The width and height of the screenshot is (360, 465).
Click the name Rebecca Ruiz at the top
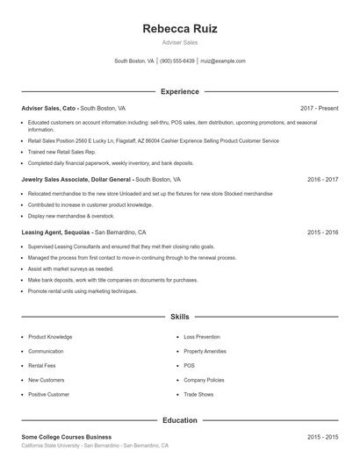179,29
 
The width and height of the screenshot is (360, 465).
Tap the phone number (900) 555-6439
177,61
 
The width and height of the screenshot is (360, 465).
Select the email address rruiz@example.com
224,61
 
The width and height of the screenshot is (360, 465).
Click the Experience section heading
179,91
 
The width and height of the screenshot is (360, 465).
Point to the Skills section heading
179,316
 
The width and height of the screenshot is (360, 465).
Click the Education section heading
179,420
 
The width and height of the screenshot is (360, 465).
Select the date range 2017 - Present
319,108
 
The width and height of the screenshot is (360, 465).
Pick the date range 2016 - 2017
322,178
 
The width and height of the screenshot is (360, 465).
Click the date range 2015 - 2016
322,232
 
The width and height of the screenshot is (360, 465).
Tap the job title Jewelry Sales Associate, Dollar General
76,178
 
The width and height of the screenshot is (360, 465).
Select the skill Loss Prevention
202,337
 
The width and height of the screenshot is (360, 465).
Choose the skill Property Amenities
205,351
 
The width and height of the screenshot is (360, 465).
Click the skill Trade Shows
198,395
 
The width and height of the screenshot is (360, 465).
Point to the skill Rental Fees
42,366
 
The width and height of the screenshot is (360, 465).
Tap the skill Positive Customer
48,395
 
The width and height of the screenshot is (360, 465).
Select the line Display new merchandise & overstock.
71,215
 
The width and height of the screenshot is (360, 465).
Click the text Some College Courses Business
67,436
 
